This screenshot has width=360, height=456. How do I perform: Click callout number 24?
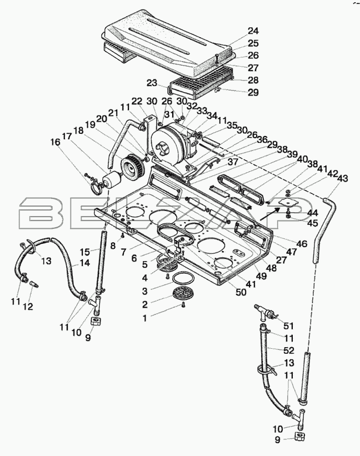pos(253,31)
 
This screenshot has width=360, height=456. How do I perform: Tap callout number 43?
pos(342,178)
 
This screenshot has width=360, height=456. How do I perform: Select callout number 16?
pos(55,142)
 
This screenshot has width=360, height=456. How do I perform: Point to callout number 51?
pos(288,326)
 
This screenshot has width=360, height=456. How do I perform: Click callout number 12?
pos(28,306)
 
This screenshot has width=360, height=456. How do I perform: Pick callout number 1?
pos(144,318)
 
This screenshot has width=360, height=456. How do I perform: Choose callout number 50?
pos(241,292)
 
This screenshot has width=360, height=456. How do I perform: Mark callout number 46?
pos(302,244)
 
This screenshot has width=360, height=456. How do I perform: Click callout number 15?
pos(86,250)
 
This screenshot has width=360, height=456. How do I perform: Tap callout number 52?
pos(289,350)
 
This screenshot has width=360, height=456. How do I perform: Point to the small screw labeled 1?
pos(183,305)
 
